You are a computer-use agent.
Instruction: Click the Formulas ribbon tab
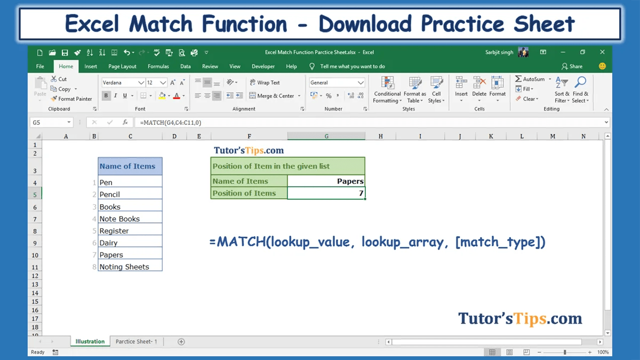click(158, 67)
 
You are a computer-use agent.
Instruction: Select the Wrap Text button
click(265, 83)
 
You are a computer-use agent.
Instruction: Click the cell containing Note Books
click(130, 219)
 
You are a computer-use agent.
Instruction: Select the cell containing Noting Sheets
click(130, 267)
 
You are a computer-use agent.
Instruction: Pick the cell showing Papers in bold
click(326, 181)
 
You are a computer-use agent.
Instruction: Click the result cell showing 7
click(326, 193)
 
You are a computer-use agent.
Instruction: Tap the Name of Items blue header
click(130, 166)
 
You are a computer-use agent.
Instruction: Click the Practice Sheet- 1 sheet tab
click(136, 341)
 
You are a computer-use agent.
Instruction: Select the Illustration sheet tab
click(90, 341)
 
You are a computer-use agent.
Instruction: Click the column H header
click(381, 137)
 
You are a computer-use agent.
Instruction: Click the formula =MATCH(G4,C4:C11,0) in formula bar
click(171, 123)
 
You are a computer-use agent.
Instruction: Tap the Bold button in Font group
click(106, 96)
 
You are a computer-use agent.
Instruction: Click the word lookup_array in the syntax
click(402, 242)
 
